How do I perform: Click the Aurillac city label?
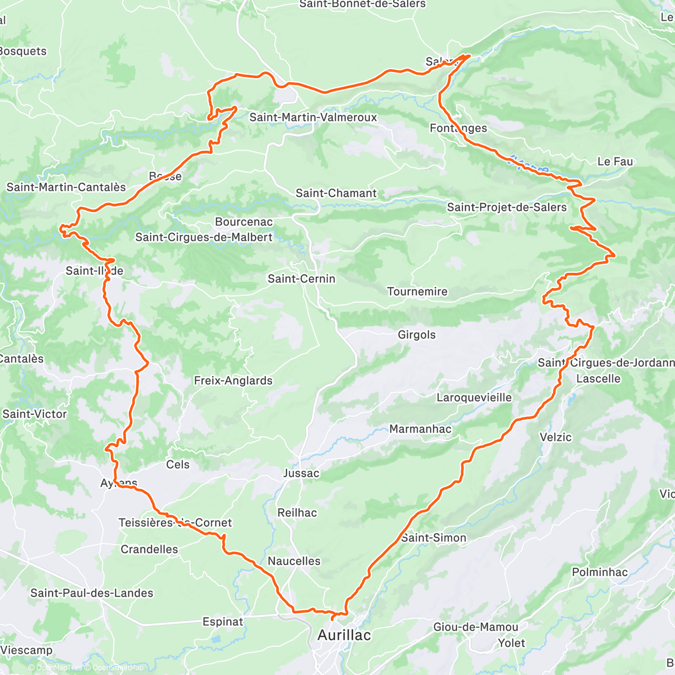[x=344, y=635]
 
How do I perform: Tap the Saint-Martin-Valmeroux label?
[x=313, y=117]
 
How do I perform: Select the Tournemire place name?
[x=417, y=291]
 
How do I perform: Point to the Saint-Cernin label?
[x=301, y=278]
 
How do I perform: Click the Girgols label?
[x=417, y=335]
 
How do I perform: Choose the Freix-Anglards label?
[x=233, y=381]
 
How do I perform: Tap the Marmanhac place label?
[x=420, y=429]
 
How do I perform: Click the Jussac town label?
[x=301, y=473]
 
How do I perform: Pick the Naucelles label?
[x=294, y=561]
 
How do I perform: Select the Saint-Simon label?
[x=434, y=538]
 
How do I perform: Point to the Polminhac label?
[x=600, y=572]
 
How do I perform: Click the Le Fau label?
[x=615, y=161]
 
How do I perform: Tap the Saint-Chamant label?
[x=336, y=193]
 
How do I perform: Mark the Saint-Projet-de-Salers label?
[x=507, y=207]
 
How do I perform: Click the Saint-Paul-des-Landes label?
[x=92, y=593]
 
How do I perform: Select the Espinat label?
[x=223, y=622]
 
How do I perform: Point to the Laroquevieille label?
[x=474, y=398]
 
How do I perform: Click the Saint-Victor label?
[x=34, y=414]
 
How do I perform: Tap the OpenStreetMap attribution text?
[x=115, y=668]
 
